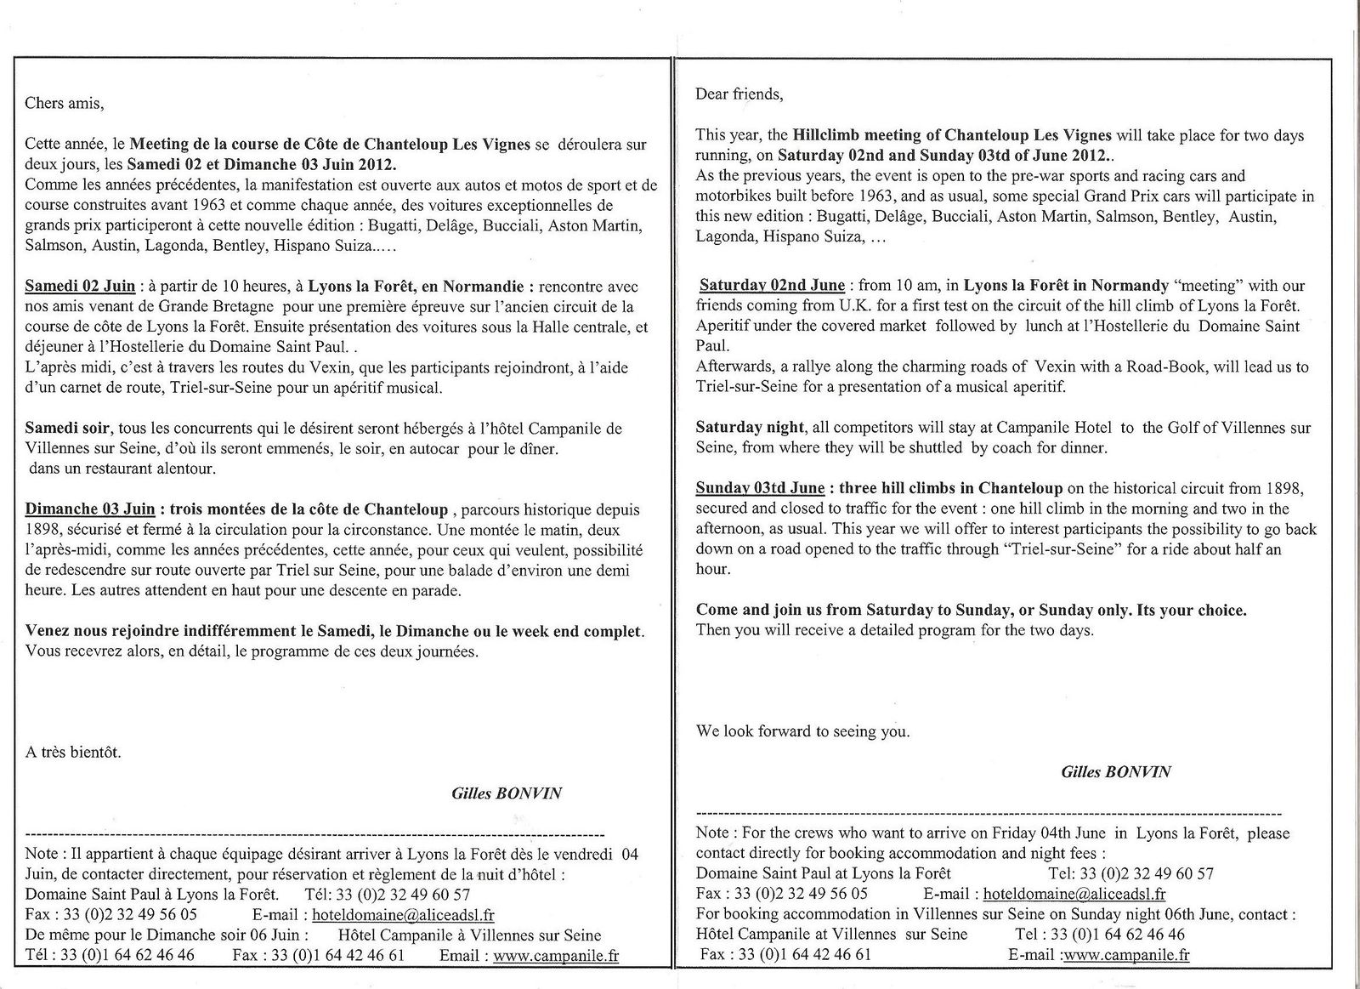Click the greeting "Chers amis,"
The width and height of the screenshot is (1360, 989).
[x=65, y=104]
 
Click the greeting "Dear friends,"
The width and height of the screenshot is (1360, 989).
[x=739, y=94]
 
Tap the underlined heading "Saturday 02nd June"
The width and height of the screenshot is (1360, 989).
[x=772, y=285]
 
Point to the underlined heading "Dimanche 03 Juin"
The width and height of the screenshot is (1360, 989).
[x=90, y=509]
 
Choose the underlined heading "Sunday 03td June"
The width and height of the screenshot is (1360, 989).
[x=760, y=488]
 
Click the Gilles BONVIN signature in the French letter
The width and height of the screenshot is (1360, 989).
[x=507, y=793]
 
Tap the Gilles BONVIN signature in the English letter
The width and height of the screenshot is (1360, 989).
[x=1115, y=772]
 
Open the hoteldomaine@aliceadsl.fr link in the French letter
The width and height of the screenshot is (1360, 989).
[x=403, y=915]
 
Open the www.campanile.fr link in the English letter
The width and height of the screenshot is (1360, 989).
[x=1126, y=955]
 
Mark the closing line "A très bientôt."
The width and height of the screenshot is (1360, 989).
[x=73, y=753]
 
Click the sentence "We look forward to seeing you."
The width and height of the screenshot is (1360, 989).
[x=802, y=731]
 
